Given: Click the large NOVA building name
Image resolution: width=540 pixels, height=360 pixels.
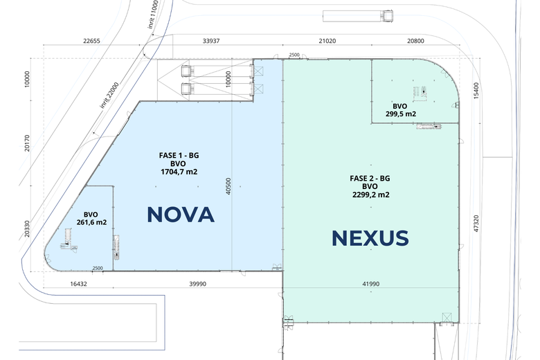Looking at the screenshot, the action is coord(181,215).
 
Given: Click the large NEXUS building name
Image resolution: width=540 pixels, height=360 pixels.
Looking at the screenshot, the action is coord(370,238).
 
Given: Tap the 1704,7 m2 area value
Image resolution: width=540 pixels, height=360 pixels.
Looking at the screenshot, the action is coord(179,172).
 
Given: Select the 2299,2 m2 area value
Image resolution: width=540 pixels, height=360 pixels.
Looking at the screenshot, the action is coord(371,195).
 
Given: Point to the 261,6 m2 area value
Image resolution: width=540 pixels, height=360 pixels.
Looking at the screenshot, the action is coord(91,222).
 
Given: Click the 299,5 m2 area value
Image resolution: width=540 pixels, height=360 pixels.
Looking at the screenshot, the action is coord(401,114).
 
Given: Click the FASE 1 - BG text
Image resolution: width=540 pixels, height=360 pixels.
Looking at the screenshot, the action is coord(179,155).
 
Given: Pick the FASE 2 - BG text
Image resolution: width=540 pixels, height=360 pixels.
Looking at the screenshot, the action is coord(370,179).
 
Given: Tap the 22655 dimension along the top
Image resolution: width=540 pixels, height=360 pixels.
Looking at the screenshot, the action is coord(91,41).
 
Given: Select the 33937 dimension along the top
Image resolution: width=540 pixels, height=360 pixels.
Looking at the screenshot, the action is coord(211,41).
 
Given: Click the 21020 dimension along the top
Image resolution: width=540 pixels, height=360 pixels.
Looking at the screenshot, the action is coord(327,41).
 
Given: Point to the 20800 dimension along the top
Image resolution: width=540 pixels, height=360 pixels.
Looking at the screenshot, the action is coord(415,41).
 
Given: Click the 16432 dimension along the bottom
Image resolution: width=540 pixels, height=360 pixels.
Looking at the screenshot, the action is coord(78,284).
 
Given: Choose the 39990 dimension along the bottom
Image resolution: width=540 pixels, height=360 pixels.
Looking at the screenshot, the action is coord(198,284).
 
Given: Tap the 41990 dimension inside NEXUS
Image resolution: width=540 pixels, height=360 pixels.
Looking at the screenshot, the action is coord(371,284).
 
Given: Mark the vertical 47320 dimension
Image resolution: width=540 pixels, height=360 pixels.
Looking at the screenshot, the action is coord(476,223).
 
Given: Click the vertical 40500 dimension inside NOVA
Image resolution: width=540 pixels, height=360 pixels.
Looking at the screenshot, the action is coord(228,186).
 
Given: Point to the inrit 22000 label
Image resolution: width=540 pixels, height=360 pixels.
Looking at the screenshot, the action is coord(109,95).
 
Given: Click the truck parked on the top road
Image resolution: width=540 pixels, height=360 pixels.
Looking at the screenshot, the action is coord(358,16).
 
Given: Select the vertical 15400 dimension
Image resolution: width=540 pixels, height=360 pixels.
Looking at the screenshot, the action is coord(476,91).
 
